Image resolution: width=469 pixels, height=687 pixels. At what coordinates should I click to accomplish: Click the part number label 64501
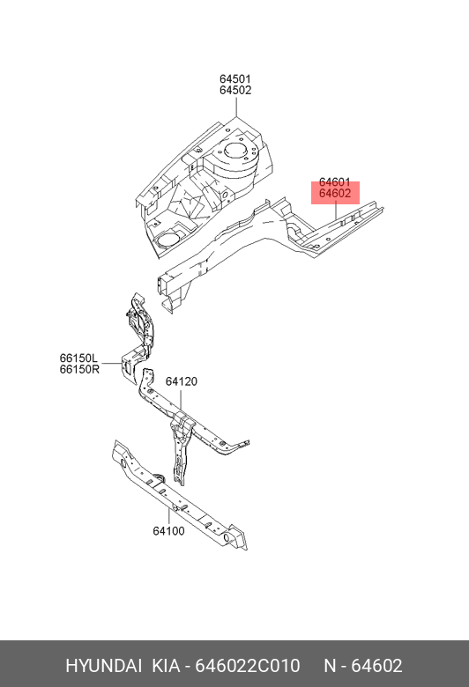click(235, 79)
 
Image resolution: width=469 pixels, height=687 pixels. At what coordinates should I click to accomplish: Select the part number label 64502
click(235, 90)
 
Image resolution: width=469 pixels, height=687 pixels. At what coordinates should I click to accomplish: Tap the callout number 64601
click(335, 182)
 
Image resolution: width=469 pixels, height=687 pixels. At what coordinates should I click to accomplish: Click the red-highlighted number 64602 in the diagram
click(335, 193)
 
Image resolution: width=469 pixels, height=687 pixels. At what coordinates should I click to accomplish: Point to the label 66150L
click(78, 358)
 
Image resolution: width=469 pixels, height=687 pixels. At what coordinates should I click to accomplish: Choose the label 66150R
click(79, 369)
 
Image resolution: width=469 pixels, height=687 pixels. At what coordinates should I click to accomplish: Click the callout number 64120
click(182, 381)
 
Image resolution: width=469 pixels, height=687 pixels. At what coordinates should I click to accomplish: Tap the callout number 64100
click(169, 531)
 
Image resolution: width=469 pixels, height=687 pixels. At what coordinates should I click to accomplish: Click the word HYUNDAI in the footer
click(103, 666)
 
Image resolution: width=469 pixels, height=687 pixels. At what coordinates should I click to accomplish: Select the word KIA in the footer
click(166, 666)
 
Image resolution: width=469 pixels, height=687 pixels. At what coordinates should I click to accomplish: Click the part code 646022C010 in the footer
click(248, 666)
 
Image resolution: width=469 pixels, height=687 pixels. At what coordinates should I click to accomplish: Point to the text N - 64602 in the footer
click(363, 666)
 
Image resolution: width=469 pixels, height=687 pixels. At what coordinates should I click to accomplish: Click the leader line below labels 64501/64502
click(236, 107)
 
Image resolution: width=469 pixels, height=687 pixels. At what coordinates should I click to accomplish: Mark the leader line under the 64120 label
click(181, 400)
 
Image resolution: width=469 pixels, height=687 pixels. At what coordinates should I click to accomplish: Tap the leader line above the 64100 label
click(168, 516)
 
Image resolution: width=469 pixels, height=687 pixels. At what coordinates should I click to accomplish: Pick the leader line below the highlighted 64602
click(336, 210)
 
